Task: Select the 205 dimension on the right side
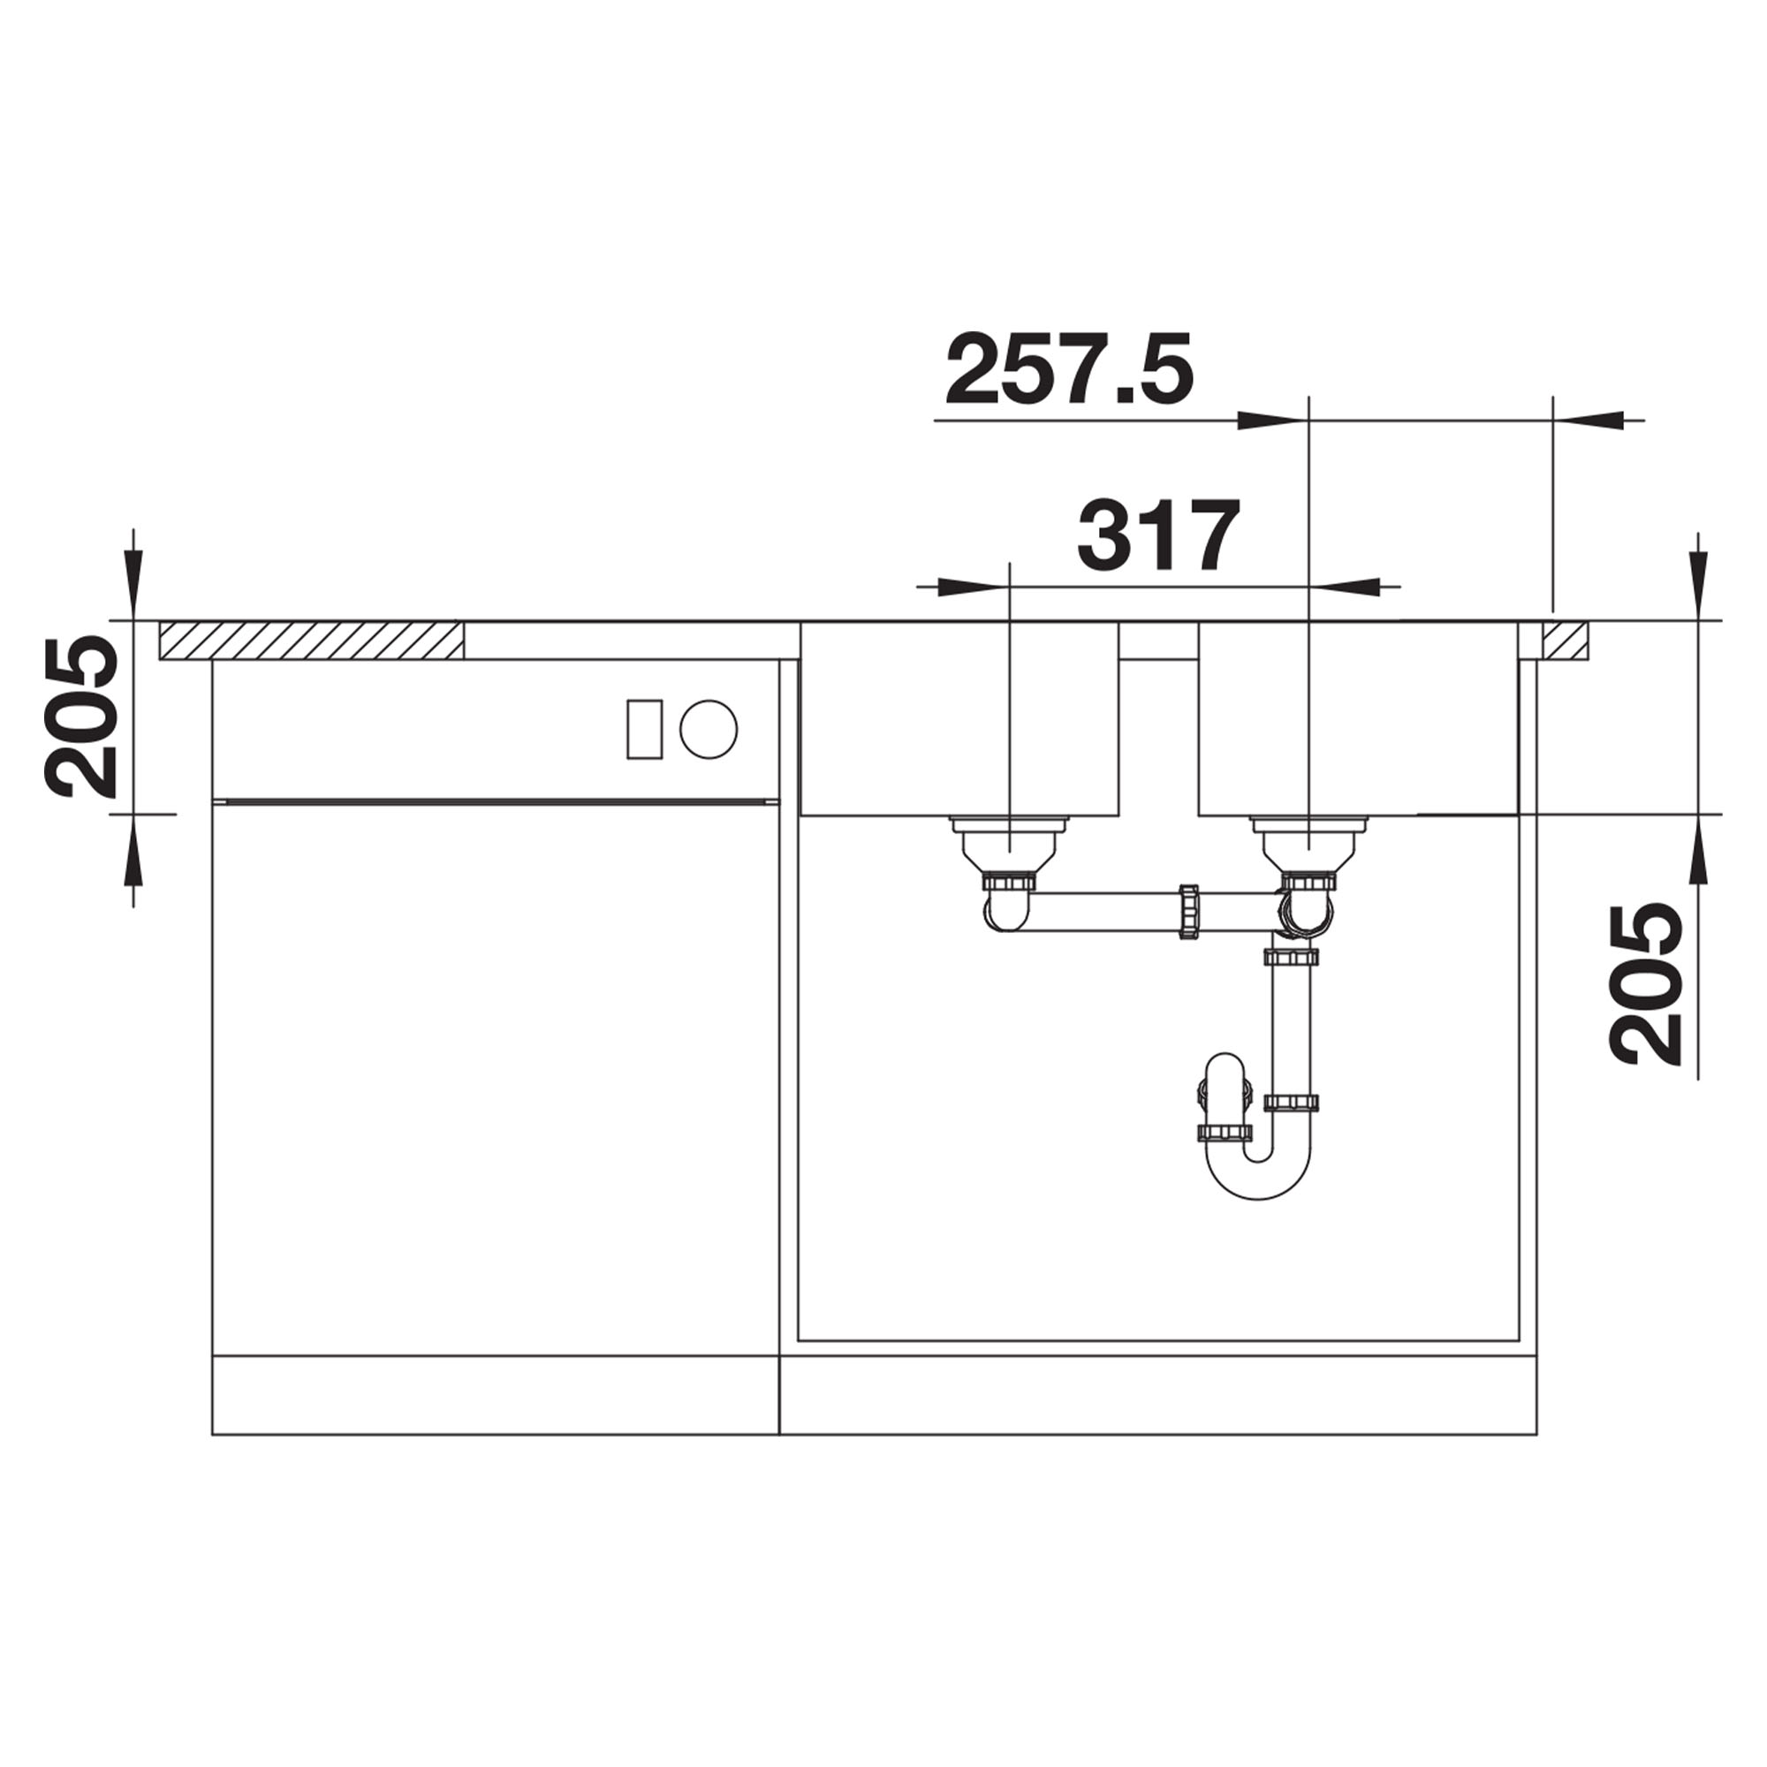click(x=1647, y=984)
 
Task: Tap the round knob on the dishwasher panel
click(x=709, y=729)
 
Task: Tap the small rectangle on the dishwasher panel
click(x=644, y=729)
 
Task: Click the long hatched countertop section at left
click(x=311, y=640)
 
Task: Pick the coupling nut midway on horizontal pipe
click(x=1189, y=912)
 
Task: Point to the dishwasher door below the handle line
click(x=494, y=1080)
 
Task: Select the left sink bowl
click(x=959, y=719)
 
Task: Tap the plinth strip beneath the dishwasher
click(x=494, y=1407)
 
